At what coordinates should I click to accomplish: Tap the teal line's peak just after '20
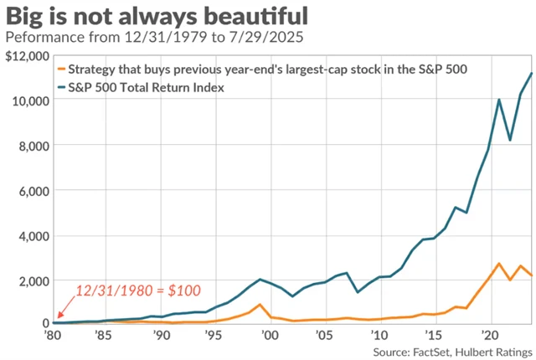pos(500,100)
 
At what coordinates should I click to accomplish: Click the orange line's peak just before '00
pos(260,305)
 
